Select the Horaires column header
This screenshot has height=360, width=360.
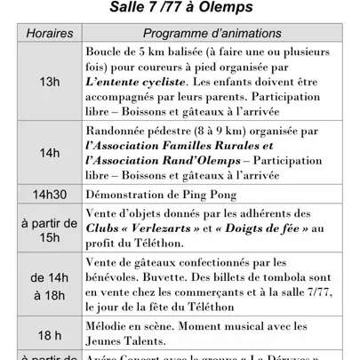tap(43, 32)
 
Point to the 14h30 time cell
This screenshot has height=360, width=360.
tap(43, 193)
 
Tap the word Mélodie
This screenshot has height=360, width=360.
tap(108, 326)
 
